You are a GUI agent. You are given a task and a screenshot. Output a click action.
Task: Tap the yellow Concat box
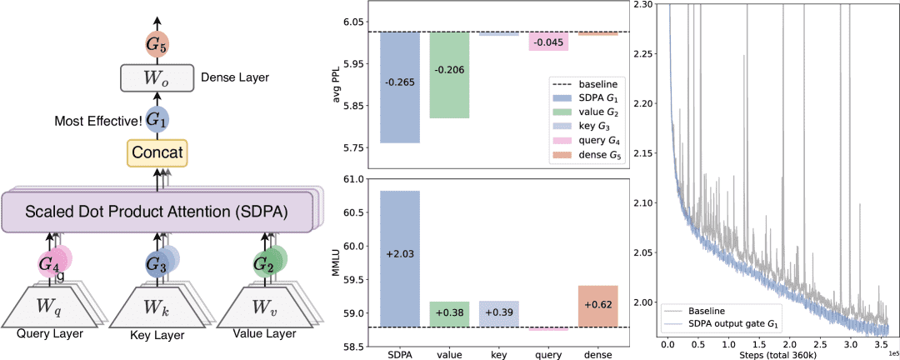[157, 152]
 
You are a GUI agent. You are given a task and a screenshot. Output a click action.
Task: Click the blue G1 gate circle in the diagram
[157, 119]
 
